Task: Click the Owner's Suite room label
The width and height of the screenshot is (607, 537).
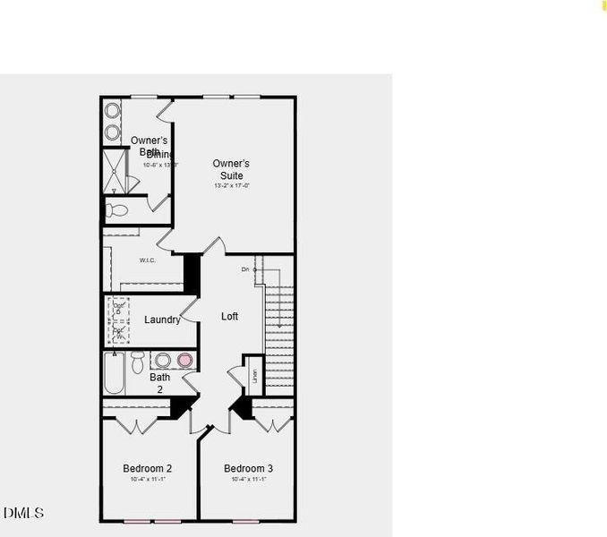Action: pyautogui.click(x=231, y=169)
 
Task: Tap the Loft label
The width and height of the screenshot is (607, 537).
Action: pyautogui.click(x=230, y=316)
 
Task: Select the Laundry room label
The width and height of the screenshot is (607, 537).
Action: pyautogui.click(x=162, y=320)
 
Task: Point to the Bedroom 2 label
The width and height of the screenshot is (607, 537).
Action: pyautogui.click(x=147, y=468)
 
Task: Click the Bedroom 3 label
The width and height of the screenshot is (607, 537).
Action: pyautogui.click(x=248, y=468)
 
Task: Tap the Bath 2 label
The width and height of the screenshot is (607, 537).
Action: pyautogui.click(x=159, y=383)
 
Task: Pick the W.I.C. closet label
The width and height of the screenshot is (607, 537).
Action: pyautogui.click(x=148, y=260)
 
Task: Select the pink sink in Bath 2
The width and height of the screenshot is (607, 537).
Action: pyautogui.click(x=184, y=361)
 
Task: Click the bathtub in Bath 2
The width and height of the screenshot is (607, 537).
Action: pyautogui.click(x=115, y=374)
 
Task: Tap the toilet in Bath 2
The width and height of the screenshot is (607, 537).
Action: pyautogui.click(x=138, y=362)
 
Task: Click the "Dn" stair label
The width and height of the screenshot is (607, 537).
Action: pyautogui.click(x=244, y=268)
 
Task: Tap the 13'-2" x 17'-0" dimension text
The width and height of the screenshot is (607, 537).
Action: pyautogui.click(x=231, y=185)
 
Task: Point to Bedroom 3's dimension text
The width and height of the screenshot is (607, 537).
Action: pyautogui.click(x=248, y=481)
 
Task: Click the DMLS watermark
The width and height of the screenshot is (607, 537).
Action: pyautogui.click(x=23, y=513)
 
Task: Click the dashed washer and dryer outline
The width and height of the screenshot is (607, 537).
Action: pyautogui.click(x=118, y=320)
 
